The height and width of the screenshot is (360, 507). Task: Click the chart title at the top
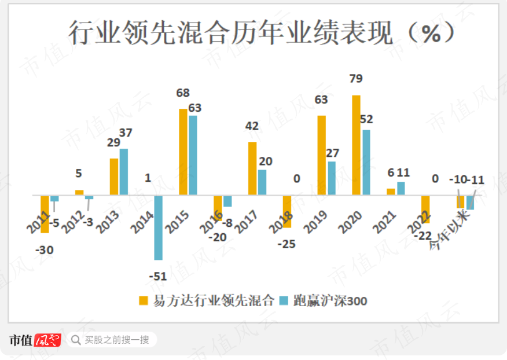click(x=261, y=33)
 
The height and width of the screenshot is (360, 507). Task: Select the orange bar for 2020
click(x=356, y=145)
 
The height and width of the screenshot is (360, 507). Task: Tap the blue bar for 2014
click(x=159, y=227)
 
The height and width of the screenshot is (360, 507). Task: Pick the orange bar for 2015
click(x=183, y=152)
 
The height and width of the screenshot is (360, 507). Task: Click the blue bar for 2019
click(x=332, y=178)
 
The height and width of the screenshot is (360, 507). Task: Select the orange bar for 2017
click(x=252, y=168)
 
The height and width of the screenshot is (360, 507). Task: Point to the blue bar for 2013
click(x=124, y=171)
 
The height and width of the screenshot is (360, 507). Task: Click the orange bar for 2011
click(x=45, y=214)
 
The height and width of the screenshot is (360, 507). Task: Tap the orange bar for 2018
click(x=287, y=211)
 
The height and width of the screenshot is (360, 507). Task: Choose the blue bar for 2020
click(x=366, y=162)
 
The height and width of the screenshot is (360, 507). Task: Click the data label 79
click(x=355, y=79)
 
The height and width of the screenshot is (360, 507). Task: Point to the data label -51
click(x=157, y=277)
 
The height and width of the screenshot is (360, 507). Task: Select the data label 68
click(x=183, y=93)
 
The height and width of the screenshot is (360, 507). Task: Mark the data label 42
click(x=252, y=126)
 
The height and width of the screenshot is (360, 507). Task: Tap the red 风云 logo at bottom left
click(x=47, y=340)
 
